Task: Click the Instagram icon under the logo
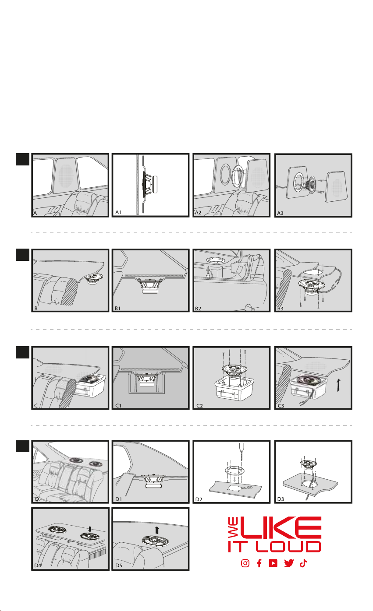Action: point(245,563)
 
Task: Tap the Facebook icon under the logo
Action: point(259,563)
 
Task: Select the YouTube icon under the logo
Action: point(273,563)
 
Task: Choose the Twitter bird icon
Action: point(288,563)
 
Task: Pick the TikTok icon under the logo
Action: point(303,563)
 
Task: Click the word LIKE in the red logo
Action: point(281,528)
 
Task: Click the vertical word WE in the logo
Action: point(233,528)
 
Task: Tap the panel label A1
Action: point(118,212)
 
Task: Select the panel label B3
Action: point(280,309)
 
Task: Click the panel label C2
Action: point(199,406)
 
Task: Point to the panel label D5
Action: point(119,565)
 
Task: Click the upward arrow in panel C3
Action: point(338,386)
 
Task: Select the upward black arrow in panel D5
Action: point(157,530)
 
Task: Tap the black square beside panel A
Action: point(22,160)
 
